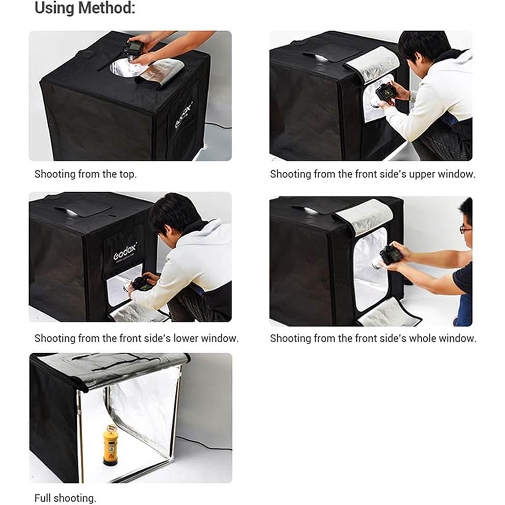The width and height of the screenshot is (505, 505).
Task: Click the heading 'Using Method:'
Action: [85, 8]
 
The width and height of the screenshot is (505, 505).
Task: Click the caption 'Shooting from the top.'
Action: [85, 174]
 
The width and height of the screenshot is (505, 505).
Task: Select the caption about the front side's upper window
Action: [372, 174]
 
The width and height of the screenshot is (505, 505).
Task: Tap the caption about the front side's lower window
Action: [136, 338]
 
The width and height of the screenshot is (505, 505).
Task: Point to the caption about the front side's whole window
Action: [373, 338]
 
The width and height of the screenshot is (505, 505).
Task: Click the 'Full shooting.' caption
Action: [65, 498]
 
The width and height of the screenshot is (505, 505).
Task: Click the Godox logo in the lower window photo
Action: [125, 252]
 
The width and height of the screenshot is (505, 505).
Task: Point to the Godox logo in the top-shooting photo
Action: [183, 115]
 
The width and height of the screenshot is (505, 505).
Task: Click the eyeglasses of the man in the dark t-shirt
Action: [465, 229]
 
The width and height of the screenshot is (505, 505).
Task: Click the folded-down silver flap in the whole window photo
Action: [389, 314]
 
